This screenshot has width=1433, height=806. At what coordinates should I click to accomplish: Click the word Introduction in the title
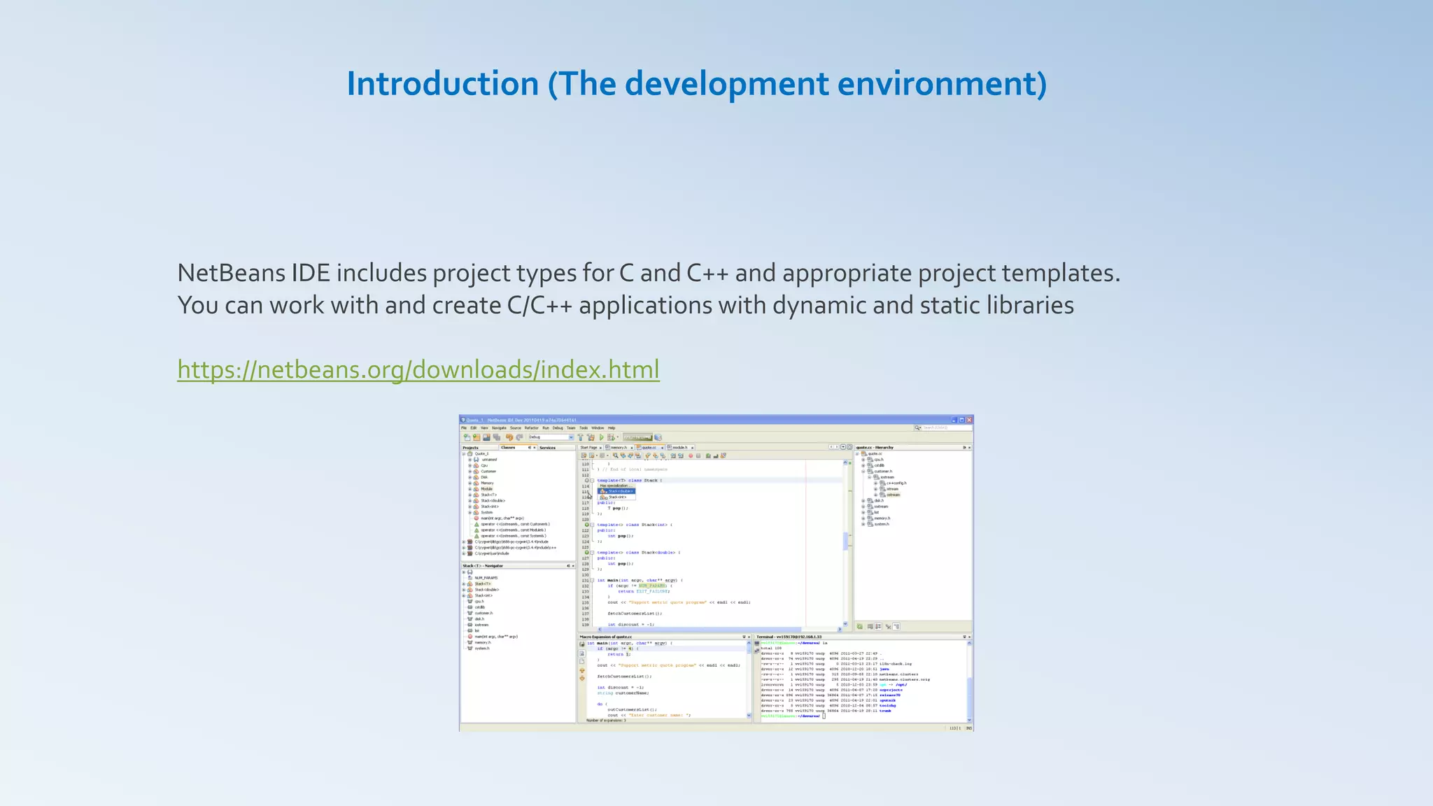(442, 84)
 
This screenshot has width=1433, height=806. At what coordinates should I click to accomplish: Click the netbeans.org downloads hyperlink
(418, 369)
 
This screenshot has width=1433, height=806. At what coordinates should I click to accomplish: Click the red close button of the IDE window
(969, 420)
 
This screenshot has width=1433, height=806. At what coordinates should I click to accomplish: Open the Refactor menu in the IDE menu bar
(531, 427)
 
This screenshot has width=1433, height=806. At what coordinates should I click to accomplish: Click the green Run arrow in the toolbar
(601, 437)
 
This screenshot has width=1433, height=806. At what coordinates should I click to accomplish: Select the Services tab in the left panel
(547, 447)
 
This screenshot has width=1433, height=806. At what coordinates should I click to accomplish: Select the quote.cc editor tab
(649, 447)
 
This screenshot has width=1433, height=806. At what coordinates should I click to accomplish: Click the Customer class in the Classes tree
(488, 472)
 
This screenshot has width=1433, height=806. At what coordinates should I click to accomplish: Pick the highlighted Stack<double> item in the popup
(619, 491)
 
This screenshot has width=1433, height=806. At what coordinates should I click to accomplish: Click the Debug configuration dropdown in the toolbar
(551, 437)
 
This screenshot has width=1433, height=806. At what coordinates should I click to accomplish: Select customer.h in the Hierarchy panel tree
(882, 472)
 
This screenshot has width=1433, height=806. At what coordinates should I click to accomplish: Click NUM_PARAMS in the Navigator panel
(486, 578)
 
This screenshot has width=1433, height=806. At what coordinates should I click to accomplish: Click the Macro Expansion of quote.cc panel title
(605, 637)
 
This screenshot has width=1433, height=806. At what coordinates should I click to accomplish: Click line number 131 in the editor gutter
(585, 580)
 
